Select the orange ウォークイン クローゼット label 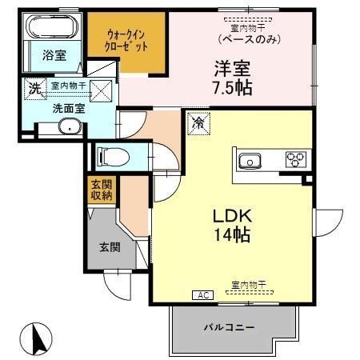[127, 40]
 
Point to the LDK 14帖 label [231, 226]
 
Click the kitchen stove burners [295, 159]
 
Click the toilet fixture [109, 154]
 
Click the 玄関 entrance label [110, 247]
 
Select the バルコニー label [233, 328]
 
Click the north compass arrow [37, 338]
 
